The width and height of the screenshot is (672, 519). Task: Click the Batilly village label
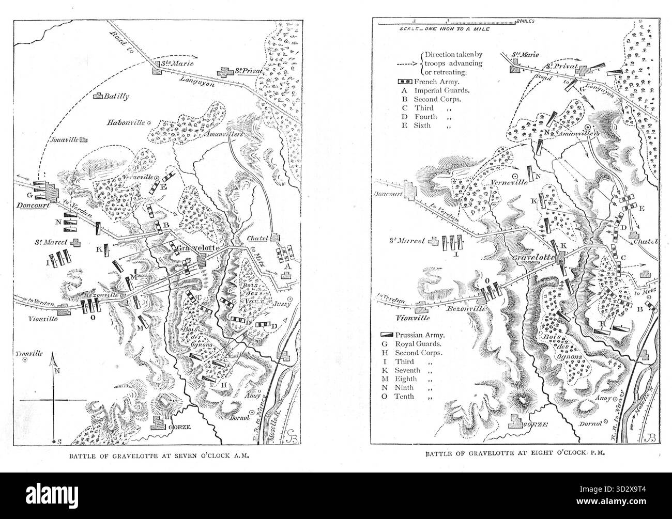click(x=116, y=96)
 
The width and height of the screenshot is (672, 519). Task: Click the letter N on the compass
click(x=57, y=370)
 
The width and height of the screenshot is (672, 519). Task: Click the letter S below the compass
click(x=58, y=442)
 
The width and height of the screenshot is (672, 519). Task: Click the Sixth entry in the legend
click(x=420, y=125)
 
